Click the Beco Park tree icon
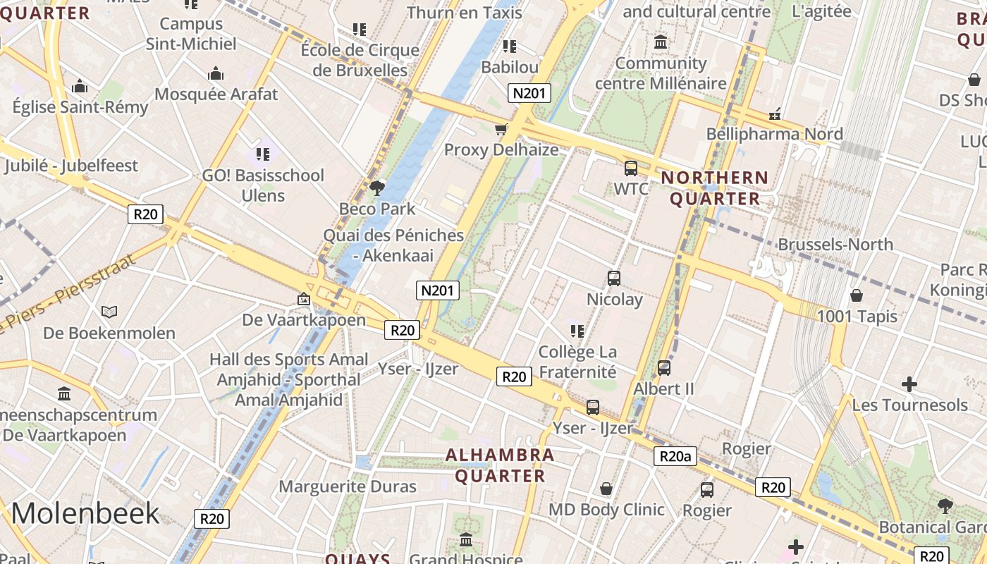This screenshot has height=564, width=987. [x=377, y=187]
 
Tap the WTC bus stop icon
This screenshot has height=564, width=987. [x=630, y=168]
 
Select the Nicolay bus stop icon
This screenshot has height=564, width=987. [x=614, y=278]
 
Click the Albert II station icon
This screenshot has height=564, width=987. [x=663, y=367]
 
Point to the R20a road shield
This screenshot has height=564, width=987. [x=675, y=456]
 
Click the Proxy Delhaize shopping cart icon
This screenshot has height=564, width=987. [x=501, y=129]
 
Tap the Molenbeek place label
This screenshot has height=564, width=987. [x=85, y=513]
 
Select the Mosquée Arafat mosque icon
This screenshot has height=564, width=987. [x=216, y=73]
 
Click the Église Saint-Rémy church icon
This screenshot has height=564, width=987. [x=80, y=87]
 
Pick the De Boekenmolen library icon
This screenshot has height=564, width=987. [x=109, y=312]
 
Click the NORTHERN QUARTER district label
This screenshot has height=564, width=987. [x=714, y=188]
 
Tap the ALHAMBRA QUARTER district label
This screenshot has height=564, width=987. [x=501, y=465]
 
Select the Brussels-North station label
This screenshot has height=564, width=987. [x=835, y=245]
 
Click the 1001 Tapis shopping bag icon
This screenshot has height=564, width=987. [x=857, y=295]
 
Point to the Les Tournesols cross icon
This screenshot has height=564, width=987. [x=909, y=384]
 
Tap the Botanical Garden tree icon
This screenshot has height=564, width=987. [x=945, y=505]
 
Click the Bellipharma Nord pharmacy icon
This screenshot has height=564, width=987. [x=775, y=114]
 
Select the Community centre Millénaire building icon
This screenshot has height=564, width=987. [x=661, y=42]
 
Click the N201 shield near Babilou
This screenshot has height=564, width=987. [x=529, y=93]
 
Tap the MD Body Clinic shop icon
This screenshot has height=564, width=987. [x=606, y=489]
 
